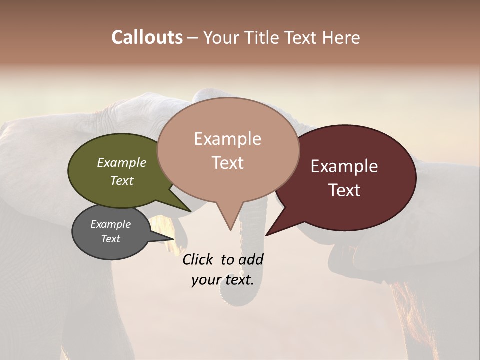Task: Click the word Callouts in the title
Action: pyautogui.click(x=147, y=37)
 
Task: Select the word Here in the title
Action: pyautogui.click(x=342, y=38)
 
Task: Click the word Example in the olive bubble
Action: pyautogui.click(x=121, y=162)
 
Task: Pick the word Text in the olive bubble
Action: pyautogui.click(x=121, y=180)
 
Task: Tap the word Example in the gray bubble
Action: pyautogui.click(x=110, y=224)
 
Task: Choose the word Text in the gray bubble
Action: pyautogui.click(x=110, y=239)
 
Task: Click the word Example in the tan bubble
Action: pyautogui.click(x=227, y=139)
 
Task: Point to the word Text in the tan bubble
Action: pyautogui.click(x=227, y=163)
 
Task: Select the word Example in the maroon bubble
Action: pyautogui.click(x=344, y=166)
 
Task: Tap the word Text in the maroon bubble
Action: pyautogui.click(x=344, y=190)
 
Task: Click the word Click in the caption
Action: pyautogui.click(x=198, y=259)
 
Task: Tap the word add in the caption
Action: pyautogui.click(x=251, y=259)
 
